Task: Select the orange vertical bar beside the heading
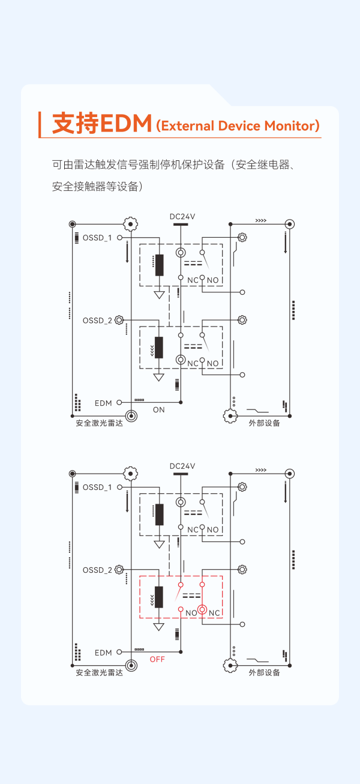click(x=40, y=124)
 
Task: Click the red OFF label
click(x=157, y=659)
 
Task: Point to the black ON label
click(x=158, y=410)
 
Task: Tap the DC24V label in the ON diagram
click(x=182, y=217)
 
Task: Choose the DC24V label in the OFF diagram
click(x=182, y=466)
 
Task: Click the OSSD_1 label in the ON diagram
click(x=97, y=238)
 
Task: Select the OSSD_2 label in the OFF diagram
click(x=97, y=570)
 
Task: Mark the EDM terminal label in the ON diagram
click(x=103, y=403)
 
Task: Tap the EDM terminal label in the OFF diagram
click(x=103, y=653)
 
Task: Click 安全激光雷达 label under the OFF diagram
click(x=99, y=673)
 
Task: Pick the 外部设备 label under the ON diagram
click(x=265, y=423)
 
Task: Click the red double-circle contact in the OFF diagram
click(x=203, y=610)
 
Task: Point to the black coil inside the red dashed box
click(x=159, y=597)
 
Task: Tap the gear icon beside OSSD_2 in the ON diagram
click(x=119, y=320)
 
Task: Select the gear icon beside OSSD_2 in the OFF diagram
click(x=119, y=569)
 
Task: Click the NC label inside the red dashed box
click(x=215, y=613)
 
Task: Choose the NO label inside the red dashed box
click(x=191, y=613)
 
